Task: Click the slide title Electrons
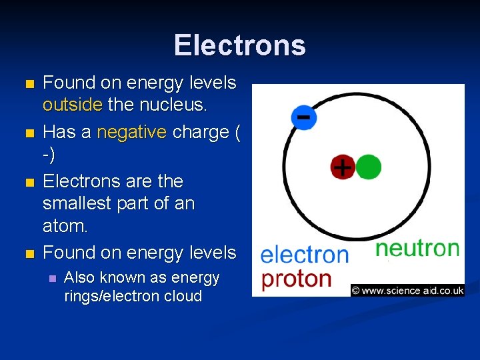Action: [x=240, y=45]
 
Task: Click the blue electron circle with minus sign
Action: [x=303, y=117]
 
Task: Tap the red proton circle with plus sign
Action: [x=342, y=167]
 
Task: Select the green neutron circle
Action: [x=368, y=167]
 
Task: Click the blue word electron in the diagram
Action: [x=304, y=255]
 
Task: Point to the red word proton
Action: [x=296, y=279]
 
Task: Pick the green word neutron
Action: [x=417, y=249]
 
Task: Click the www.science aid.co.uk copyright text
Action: [x=407, y=290]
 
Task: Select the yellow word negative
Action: [x=132, y=132]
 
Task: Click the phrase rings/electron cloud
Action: [x=133, y=297]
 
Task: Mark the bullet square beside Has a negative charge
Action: [x=27, y=133]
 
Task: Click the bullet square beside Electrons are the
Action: [x=27, y=182]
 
